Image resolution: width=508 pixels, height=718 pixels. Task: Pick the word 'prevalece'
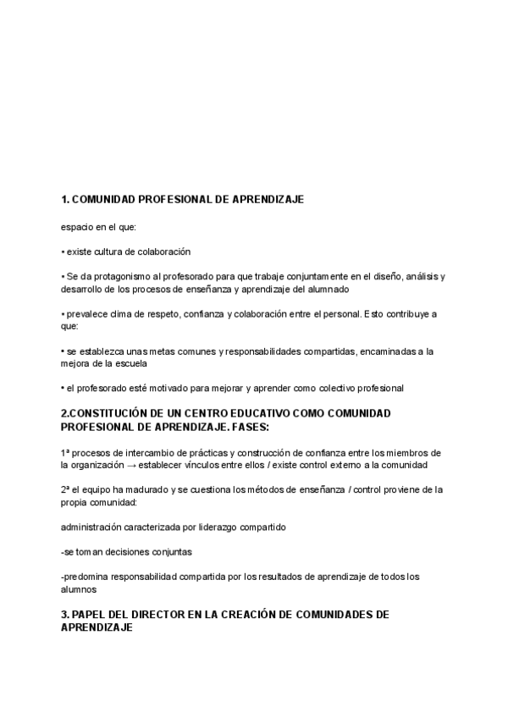85,313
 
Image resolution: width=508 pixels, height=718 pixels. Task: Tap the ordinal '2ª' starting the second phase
65,489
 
